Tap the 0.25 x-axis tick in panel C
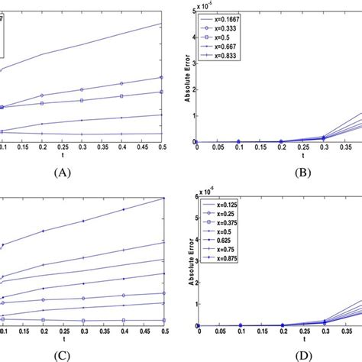point(82,331)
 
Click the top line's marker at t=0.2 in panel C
point(43,231)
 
